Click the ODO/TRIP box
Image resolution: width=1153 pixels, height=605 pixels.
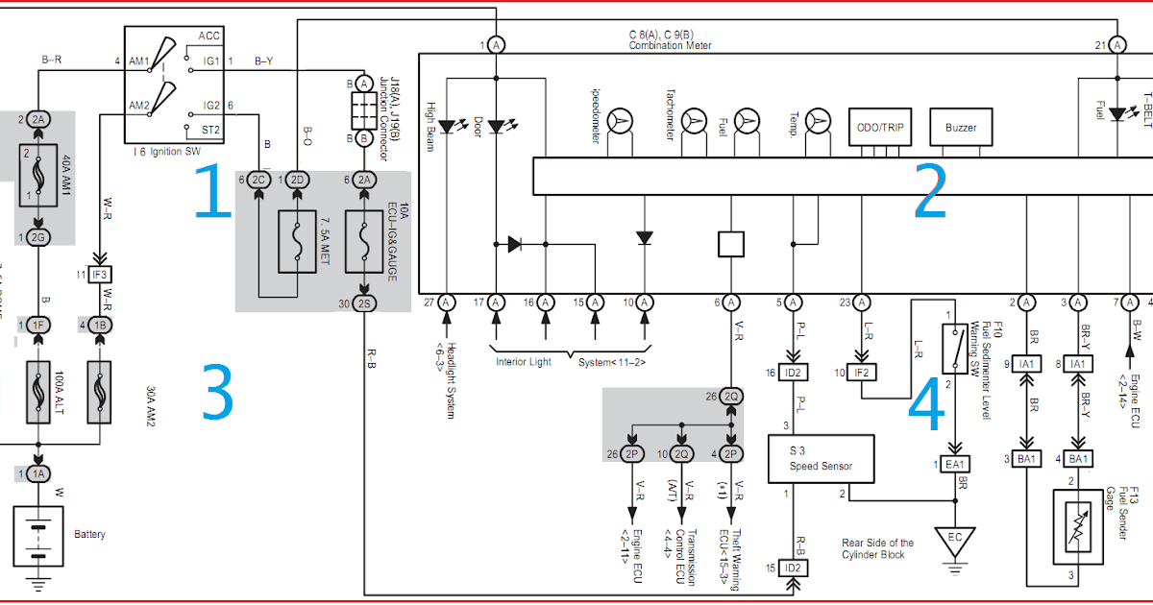[880, 127]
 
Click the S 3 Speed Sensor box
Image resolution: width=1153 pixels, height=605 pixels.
[822, 459]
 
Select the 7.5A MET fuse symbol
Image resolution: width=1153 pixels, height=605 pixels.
[297, 237]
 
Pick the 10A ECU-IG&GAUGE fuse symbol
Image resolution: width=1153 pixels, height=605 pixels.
[364, 237]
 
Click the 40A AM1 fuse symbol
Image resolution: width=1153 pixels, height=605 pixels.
[38, 182]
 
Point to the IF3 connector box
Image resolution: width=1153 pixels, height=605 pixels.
[99, 275]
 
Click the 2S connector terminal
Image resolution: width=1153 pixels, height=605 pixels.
[364, 303]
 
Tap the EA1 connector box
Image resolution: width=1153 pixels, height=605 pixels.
[954, 465]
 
